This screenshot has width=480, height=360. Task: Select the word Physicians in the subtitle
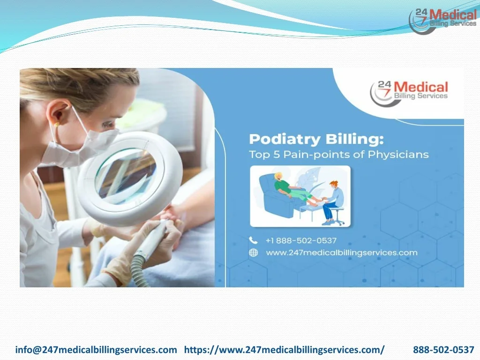(x=398, y=154)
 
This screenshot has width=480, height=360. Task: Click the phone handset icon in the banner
(x=253, y=240)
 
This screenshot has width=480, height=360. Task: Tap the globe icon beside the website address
(x=253, y=253)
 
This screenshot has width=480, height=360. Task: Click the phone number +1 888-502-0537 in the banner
(x=301, y=240)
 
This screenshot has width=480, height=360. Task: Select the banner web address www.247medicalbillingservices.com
(x=342, y=253)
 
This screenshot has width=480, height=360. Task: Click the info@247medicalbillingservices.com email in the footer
(x=96, y=350)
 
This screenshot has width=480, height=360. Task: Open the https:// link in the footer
(x=285, y=350)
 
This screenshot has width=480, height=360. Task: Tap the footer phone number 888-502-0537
(x=443, y=350)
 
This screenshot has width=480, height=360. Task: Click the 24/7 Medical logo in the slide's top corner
(x=442, y=20)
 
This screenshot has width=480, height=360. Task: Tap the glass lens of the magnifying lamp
(x=126, y=176)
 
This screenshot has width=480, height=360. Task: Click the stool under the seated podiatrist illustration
(x=336, y=216)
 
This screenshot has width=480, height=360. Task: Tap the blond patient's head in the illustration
(x=278, y=177)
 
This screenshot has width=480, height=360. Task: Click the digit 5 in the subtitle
(x=277, y=154)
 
